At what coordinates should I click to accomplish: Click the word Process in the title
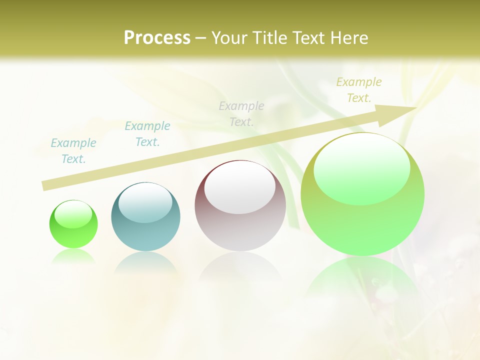(x=157, y=38)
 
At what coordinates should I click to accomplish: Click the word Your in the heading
(x=230, y=38)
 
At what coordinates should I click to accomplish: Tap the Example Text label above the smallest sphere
(x=73, y=151)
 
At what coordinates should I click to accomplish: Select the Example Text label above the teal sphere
(x=147, y=134)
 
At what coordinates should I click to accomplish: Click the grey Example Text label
(x=241, y=114)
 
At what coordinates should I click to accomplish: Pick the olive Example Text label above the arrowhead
(x=359, y=90)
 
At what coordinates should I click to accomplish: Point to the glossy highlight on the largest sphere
(x=362, y=167)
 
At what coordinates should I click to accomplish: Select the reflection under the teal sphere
(x=145, y=262)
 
